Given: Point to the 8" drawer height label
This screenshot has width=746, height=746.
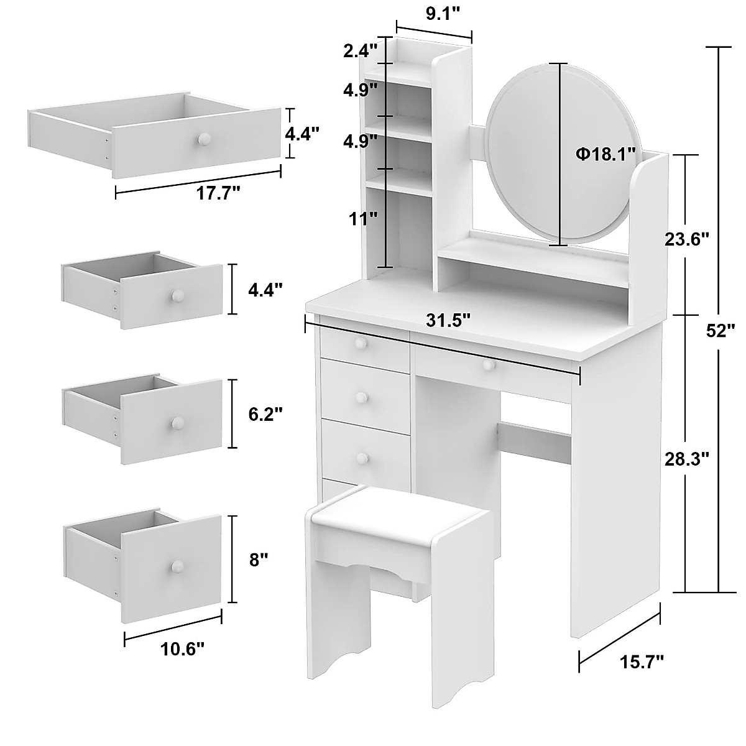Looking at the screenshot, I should point(259,559).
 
